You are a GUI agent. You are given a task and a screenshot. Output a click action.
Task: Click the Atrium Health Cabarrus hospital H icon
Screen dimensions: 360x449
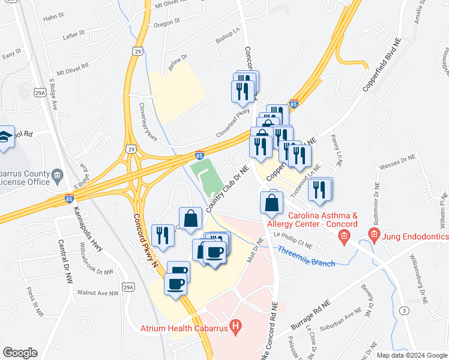click(x=237, y=328)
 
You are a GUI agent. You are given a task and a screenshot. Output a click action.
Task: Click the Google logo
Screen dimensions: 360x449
click(x=20, y=352)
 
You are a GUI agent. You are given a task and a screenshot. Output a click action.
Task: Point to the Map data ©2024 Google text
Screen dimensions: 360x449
click(x=411, y=355)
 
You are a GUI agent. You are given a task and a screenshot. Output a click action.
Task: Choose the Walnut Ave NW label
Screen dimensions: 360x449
click(x=97, y=293)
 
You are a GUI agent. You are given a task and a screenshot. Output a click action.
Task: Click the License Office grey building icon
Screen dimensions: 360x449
click(x=58, y=176)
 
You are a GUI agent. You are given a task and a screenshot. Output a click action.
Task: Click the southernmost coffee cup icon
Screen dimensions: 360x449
click(x=176, y=284)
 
